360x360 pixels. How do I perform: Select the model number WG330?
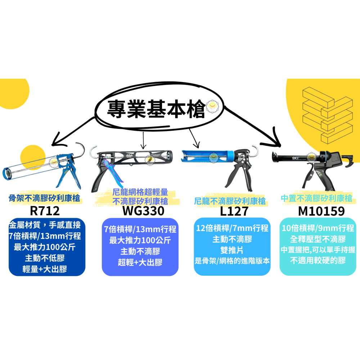(143, 210)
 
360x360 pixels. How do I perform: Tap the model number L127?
(234, 210)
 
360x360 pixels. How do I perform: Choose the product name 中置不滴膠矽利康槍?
(316, 198)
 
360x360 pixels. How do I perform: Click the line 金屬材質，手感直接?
(47, 226)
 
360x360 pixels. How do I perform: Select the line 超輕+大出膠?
(140, 262)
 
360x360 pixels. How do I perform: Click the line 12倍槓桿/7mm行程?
(232, 228)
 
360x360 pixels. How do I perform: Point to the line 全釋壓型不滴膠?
(318, 239)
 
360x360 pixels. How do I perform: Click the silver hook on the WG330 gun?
(94, 151)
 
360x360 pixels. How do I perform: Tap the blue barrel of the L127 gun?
(209, 156)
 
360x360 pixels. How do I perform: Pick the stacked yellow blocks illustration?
(326, 113)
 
